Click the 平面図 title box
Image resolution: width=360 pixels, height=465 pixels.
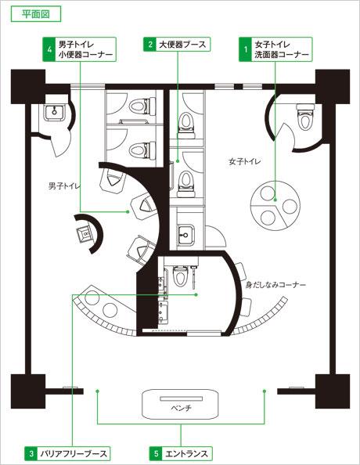[x=36, y=14]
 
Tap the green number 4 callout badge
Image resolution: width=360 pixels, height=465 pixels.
[x=49, y=49]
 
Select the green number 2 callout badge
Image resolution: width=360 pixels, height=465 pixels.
[x=150, y=45]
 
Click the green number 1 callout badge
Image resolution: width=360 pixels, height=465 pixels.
[x=245, y=49]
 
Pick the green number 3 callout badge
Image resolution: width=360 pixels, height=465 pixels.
[x=31, y=453]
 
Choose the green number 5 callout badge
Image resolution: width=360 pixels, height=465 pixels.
[x=156, y=453]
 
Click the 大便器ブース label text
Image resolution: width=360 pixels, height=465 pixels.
[x=182, y=45]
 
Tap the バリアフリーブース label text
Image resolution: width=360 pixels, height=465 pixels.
[x=73, y=454]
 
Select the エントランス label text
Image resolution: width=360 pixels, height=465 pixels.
[x=186, y=454]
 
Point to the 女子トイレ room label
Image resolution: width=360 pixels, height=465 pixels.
[x=245, y=161]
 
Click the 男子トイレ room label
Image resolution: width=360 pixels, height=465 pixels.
[x=63, y=186]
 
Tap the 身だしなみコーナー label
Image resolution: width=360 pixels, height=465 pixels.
[x=275, y=285]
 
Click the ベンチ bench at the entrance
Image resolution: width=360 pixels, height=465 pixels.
[x=181, y=404]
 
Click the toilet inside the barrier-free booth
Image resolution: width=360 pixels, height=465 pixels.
[x=180, y=276]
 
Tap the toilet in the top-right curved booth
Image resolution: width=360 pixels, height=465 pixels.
[x=305, y=117]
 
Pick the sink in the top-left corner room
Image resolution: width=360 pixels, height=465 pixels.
[x=55, y=112]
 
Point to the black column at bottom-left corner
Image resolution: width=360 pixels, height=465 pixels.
[x=28, y=391]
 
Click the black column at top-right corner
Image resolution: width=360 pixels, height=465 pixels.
[x=333, y=86]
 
